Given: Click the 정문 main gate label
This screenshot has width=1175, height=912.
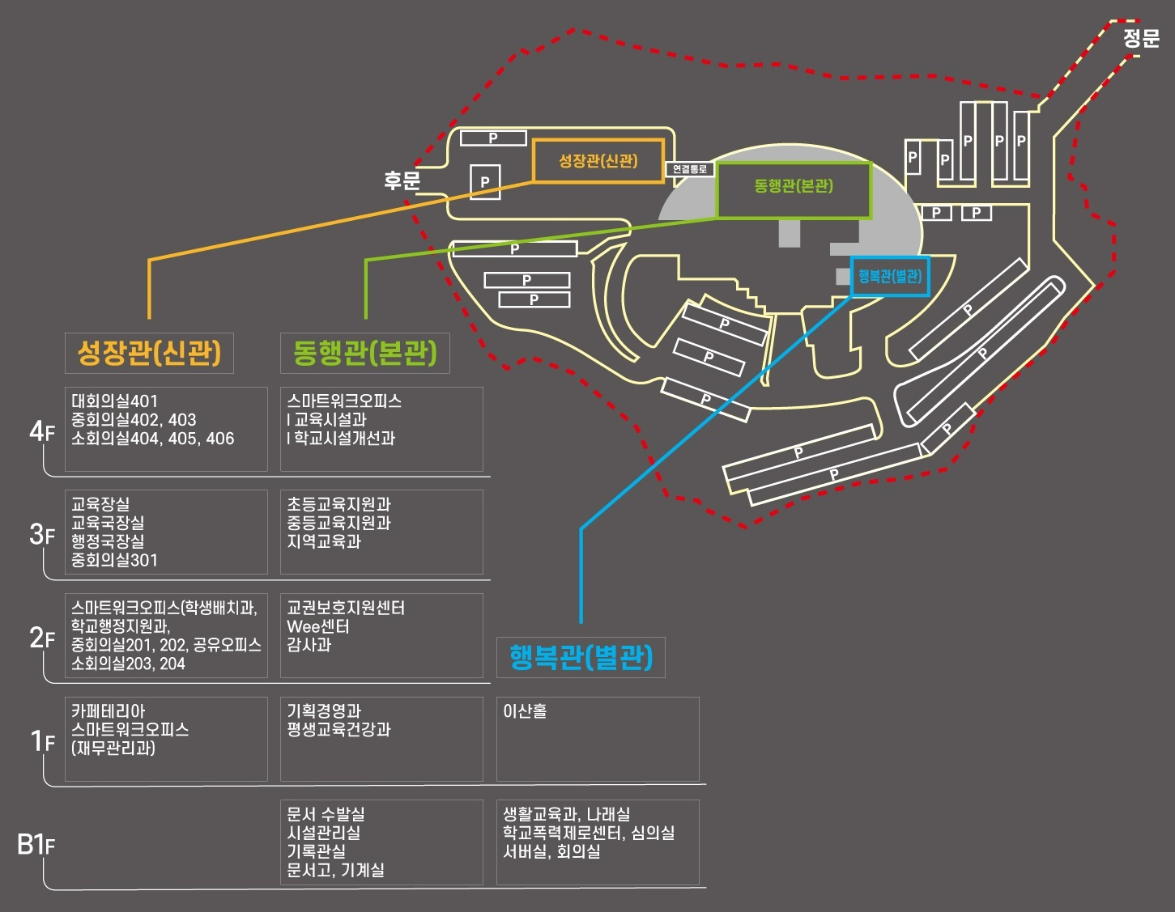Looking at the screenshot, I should click(1141, 38).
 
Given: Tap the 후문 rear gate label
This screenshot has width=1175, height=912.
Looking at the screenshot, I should click(402, 180).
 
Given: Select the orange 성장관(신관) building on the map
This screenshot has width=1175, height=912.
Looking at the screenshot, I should click(598, 161).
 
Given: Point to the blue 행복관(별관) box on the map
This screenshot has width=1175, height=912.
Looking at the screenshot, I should click(890, 277).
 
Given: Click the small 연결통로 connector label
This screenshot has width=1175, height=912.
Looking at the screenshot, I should click(690, 169).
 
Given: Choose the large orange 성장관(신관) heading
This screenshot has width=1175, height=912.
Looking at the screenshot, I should click(149, 353).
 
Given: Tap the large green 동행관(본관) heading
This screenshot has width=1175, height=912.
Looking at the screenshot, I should click(364, 353).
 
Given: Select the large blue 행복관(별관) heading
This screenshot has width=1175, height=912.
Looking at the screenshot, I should click(581, 657).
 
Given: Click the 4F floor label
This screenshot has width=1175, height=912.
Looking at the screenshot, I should click(41, 431).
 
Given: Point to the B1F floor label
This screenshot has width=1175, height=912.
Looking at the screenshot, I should click(36, 845).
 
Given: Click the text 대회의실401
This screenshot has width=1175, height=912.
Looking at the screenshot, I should click(115, 401).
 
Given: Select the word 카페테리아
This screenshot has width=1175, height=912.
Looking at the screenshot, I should click(109, 711).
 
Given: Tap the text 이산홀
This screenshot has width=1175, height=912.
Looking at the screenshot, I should click(525, 711).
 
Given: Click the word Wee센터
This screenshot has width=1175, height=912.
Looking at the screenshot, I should click(318, 627).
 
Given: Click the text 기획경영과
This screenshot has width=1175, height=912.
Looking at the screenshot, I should click(324, 711).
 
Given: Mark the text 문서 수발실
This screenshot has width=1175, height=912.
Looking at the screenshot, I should click(326, 815).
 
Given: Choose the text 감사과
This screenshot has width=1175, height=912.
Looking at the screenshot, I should click(309, 646).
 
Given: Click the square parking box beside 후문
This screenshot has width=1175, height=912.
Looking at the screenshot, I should click(485, 182).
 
